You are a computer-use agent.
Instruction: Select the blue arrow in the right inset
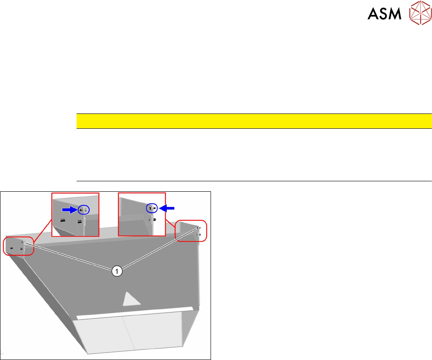[167, 208]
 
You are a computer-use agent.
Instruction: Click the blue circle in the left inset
[84, 210]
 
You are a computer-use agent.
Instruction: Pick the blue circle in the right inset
[151, 208]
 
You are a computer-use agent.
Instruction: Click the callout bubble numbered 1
[116, 271]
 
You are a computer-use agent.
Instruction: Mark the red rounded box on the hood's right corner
[191, 230]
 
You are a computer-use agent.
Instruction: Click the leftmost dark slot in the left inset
[63, 221]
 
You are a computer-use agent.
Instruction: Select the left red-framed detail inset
[75, 214]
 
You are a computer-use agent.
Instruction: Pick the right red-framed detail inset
[142, 214]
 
